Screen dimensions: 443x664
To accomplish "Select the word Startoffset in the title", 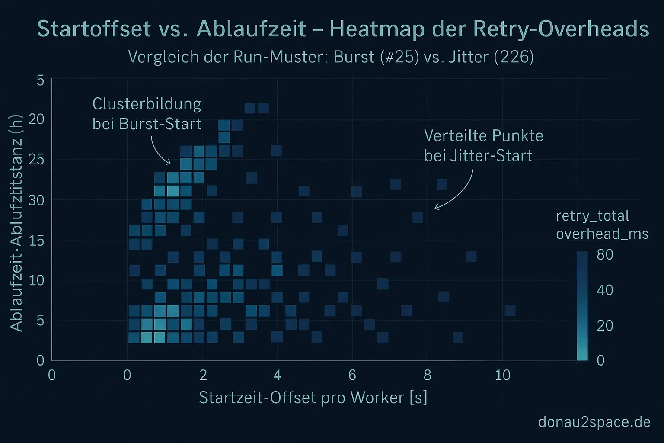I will pyautogui.click(x=94, y=29).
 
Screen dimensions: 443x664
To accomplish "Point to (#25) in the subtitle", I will pyautogui.click(x=399, y=57).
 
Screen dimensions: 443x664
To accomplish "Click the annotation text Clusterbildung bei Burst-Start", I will pyautogui.click(x=147, y=114).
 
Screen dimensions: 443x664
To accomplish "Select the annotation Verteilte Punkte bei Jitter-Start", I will pyautogui.click(x=483, y=146).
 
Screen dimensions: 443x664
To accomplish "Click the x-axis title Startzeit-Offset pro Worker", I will pyautogui.click(x=313, y=397).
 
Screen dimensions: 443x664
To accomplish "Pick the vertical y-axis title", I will pyautogui.click(x=16, y=223).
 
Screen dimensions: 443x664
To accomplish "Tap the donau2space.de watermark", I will pyautogui.click(x=594, y=422).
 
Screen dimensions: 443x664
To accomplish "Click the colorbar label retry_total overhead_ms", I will pyautogui.click(x=602, y=225).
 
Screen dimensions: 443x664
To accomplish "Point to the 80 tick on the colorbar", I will pyautogui.click(x=605, y=254).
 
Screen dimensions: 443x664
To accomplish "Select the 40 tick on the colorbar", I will pyautogui.click(x=605, y=290).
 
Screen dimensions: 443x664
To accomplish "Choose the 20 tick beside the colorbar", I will pyautogui.click(x=605, y=325).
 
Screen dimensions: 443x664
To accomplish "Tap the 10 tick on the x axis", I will pyautogui.click(x=502, y=375).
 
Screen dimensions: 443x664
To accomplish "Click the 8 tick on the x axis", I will pyautogui.click(x=427, y=375).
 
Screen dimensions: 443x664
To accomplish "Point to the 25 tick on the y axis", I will pyautogui.click(x=36, y=159).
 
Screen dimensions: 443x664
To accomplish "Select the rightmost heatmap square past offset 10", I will pyautogui.click(x=510, y=310).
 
